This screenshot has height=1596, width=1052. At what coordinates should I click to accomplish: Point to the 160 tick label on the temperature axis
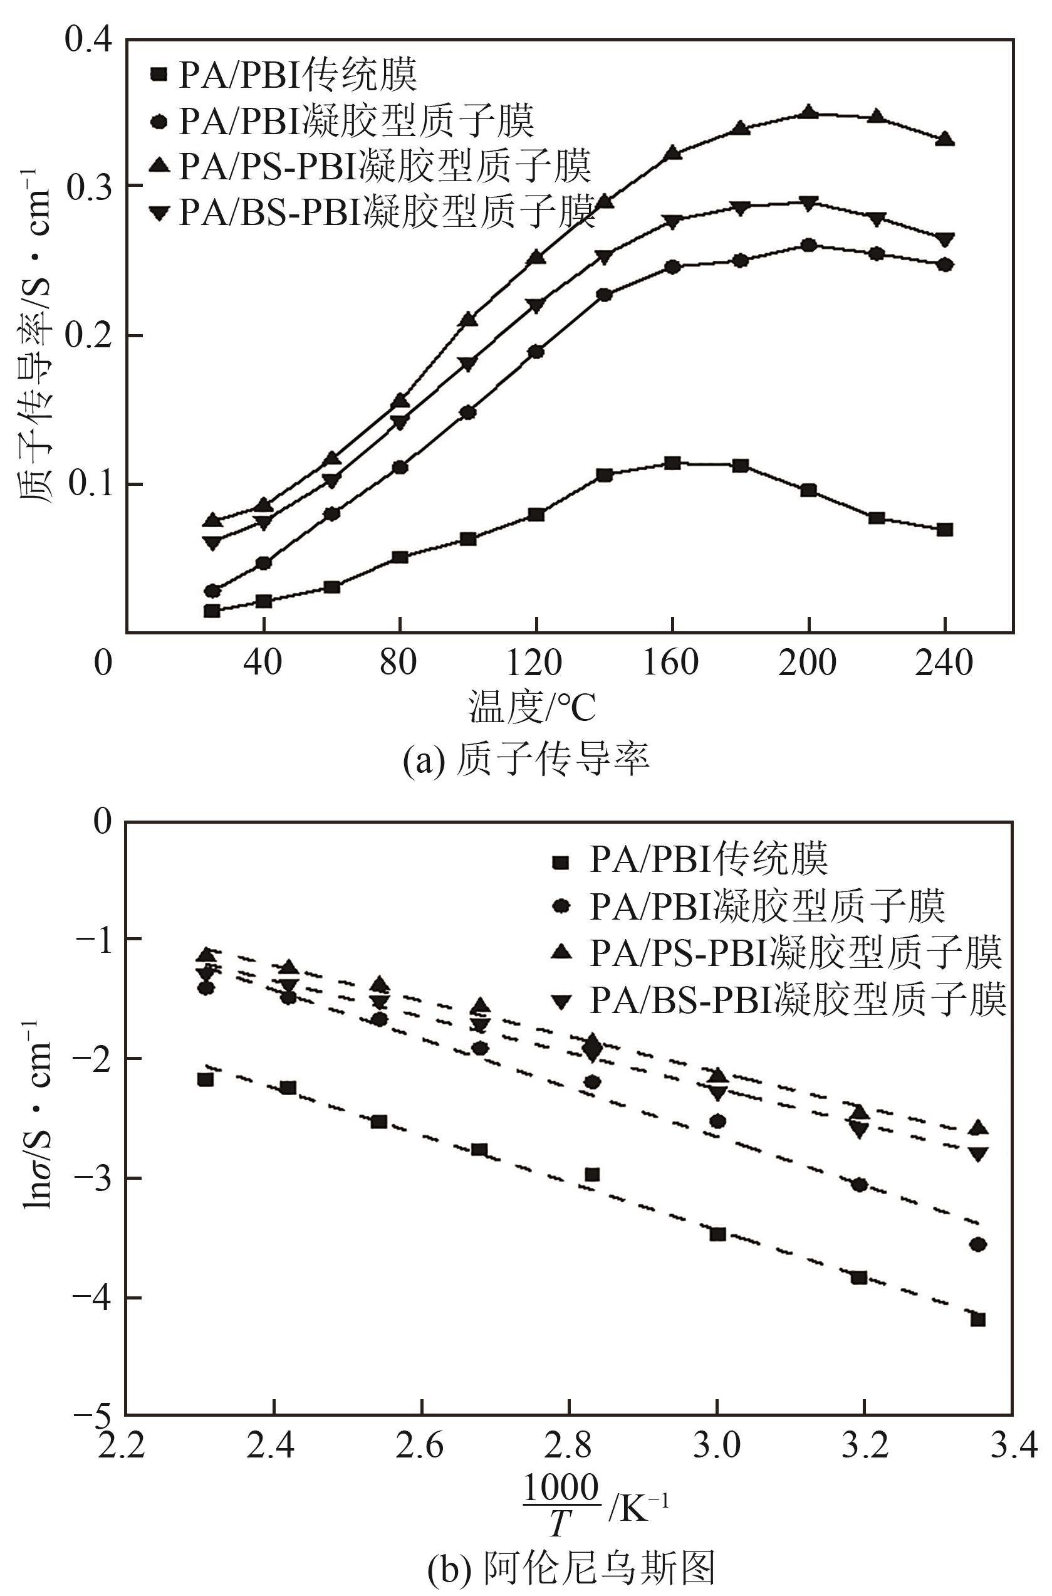coord(671,663)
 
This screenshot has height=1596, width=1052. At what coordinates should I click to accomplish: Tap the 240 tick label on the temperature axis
coord(944,663)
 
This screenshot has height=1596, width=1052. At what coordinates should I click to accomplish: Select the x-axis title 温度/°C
coord(532,706)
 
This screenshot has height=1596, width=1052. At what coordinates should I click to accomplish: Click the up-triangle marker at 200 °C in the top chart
coord(809,112)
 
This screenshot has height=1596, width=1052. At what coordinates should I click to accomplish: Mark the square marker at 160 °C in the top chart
coord(672,463)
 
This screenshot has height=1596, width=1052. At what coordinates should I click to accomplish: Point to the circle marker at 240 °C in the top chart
coord(945,265)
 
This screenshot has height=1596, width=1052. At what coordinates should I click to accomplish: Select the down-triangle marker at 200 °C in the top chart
coord(809,202)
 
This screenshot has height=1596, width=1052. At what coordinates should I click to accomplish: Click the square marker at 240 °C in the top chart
coord(945,530)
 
